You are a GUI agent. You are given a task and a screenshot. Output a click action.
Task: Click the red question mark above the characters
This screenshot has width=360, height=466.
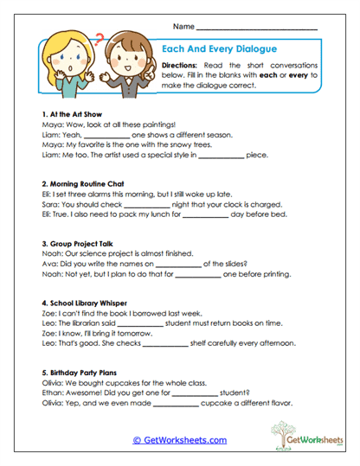tap(100, 38)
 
